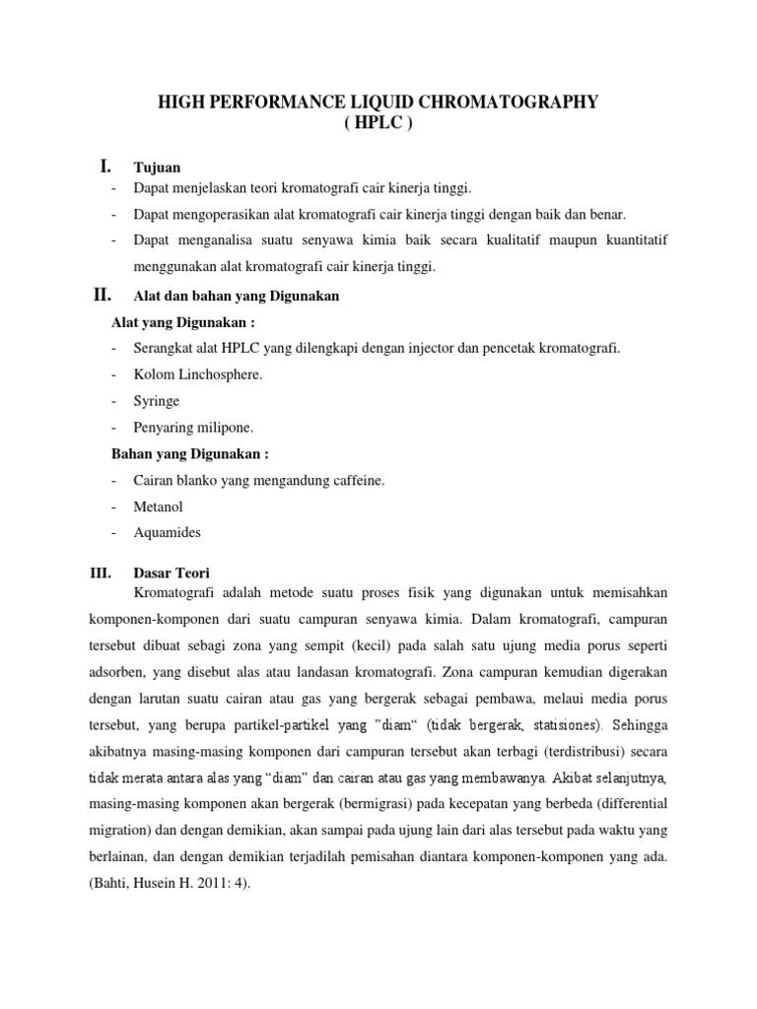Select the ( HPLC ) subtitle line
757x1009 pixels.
pyautogui.click(x=378, y=126)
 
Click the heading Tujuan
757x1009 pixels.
pyautogui.click(x=157, y=168)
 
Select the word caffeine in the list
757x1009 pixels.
pyautogui.click(x=356, y=480)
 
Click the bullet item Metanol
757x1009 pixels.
pyautogui.click(x=158, y=506)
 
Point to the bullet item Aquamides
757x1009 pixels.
pyautogui.click(x=168, y=532)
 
